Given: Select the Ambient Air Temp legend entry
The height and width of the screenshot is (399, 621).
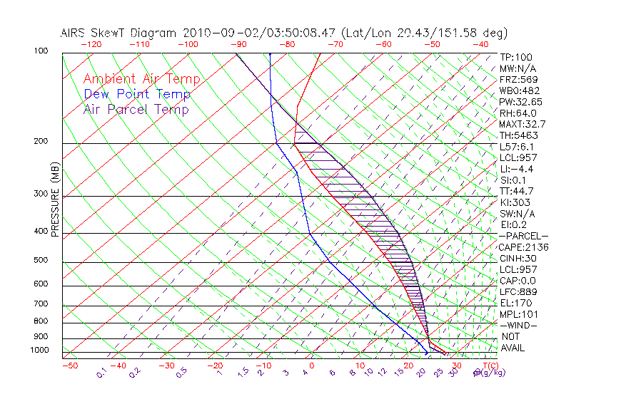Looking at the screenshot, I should [141, 79].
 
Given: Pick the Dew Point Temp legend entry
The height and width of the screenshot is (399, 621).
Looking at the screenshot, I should [136, 94].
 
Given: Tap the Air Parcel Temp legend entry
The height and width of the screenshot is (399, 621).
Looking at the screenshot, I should [136, 109].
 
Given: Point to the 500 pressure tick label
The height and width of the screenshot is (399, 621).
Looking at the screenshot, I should [40, 261].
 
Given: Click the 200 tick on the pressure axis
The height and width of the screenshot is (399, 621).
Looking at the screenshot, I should [40, 142].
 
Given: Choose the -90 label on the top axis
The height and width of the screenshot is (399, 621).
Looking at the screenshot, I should [238, 43].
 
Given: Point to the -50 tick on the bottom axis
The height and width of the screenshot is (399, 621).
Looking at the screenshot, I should [69, 366].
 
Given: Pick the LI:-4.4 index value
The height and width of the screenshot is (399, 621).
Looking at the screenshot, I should [516, 169].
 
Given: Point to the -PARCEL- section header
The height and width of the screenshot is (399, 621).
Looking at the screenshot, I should [523, 236].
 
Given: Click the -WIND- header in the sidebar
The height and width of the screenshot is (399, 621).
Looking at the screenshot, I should [518, 325].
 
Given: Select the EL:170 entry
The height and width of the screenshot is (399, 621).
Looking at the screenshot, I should [514, 303].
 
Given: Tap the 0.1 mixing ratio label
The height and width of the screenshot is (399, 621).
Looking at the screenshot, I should [102, 371].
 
